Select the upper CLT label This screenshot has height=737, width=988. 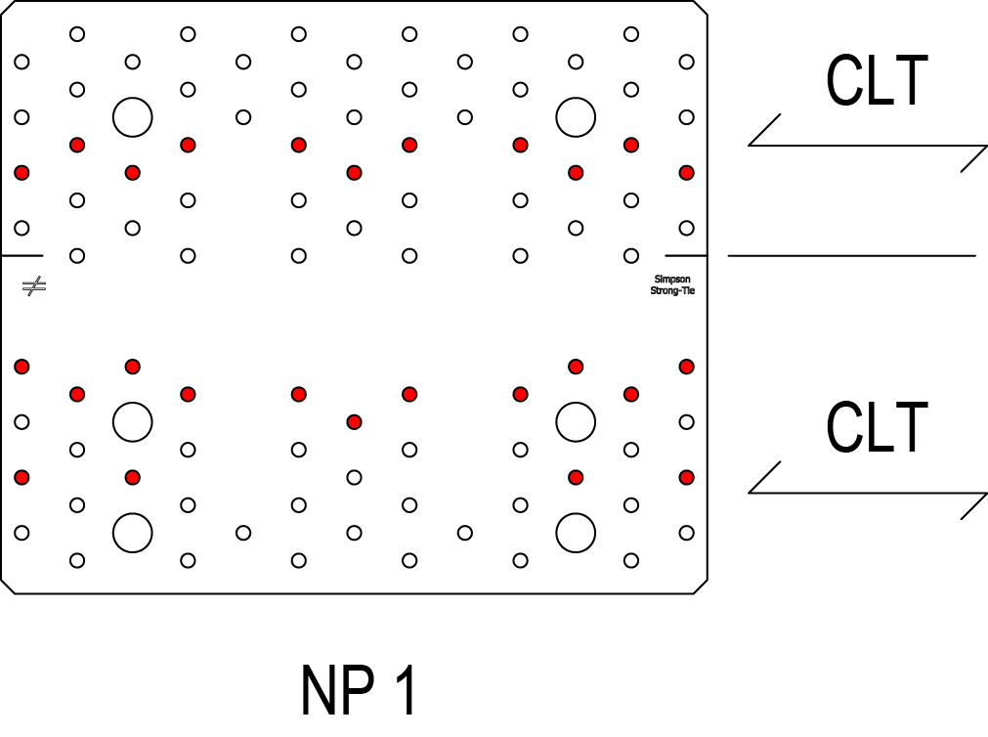click(876, 82)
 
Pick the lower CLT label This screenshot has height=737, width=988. click(876, 428)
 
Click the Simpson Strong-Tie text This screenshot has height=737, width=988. click(672, 285)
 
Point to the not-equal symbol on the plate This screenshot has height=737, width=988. click(34, 286)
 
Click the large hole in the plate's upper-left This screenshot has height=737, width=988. click(133, 117)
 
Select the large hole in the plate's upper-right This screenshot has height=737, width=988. click(576, 117)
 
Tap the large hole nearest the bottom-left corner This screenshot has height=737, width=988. click(133, 533)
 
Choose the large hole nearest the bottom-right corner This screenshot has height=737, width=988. click(576, 533)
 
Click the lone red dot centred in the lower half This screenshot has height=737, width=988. click(354, 422)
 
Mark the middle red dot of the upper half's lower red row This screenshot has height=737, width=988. click(354, 173)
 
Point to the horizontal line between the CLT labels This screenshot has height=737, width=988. click(851, 256)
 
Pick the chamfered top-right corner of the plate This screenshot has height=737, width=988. click(700, 7)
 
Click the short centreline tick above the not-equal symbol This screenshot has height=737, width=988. click(21, 256)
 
